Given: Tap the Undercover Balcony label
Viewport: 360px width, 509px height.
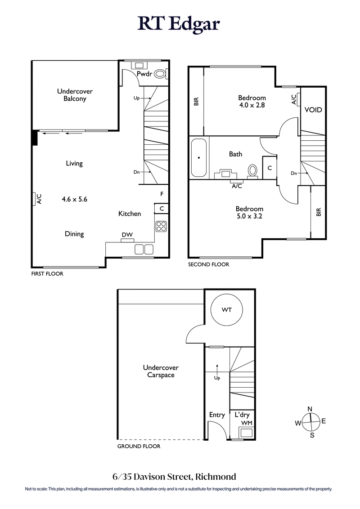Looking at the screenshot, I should point(75,95).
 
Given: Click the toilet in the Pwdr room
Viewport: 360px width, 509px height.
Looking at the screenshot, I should point(160,74).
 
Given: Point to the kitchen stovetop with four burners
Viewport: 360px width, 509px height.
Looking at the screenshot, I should point(161,226).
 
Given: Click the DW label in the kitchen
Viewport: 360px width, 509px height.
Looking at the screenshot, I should point(126,235).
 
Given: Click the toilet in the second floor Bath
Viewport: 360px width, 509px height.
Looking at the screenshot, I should point(252,170).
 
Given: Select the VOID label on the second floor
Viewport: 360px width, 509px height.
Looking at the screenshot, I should point(313,110).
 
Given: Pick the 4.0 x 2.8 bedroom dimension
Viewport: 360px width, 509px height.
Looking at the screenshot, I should point(252,105).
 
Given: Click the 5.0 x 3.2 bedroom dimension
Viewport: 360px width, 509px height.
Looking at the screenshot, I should point(250,216).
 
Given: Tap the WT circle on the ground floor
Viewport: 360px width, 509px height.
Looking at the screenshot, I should point(226,310).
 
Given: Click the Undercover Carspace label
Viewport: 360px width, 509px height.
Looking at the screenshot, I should point(161,371).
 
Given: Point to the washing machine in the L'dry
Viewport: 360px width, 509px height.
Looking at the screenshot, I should point(246,433).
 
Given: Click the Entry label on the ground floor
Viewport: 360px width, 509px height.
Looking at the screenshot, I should point(217,415).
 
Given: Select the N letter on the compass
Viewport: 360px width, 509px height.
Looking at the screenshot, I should point(310,408).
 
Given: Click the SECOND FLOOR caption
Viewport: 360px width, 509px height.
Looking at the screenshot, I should point(208,264).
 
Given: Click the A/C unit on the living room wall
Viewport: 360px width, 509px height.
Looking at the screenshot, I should point(34,198).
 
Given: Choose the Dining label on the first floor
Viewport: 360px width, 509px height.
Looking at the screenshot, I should point(74,234).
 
